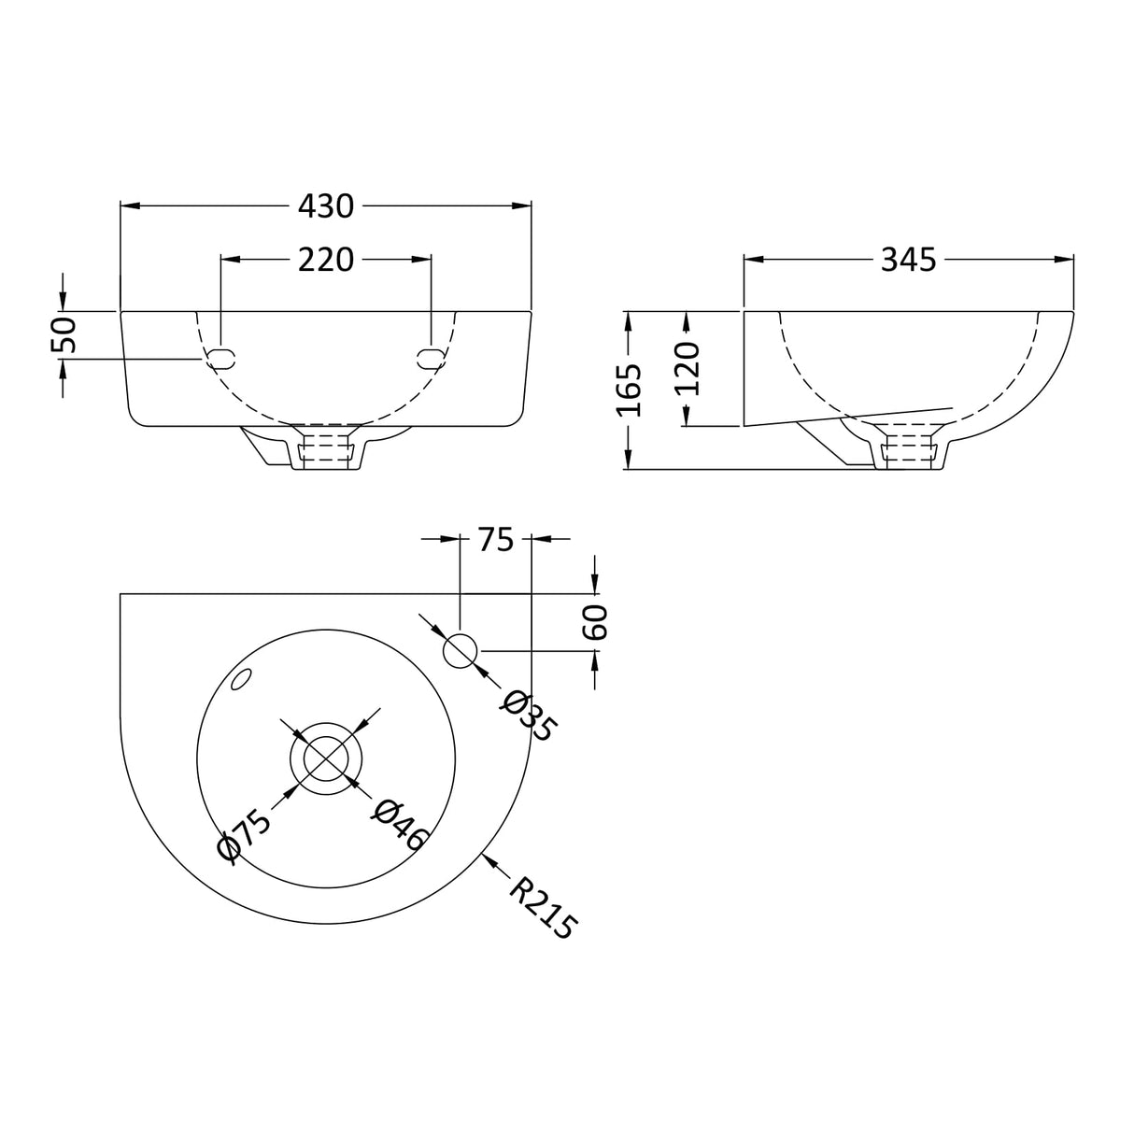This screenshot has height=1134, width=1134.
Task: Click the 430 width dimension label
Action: point(326,206)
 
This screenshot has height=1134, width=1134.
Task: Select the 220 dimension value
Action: point(326,260)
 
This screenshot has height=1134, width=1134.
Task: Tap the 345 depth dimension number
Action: point(908,260)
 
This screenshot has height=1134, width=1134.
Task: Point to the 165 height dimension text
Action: point(630,390)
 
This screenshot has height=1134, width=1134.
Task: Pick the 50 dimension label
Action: point(64,335)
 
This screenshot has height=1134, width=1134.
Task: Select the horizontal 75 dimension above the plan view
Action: point(496,539)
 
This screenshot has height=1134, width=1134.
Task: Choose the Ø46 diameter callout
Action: point(399,824)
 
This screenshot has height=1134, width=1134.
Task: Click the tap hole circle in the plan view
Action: point(460,650)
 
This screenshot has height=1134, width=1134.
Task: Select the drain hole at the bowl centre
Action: point(325,757)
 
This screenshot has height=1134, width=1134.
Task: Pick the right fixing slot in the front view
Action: point(430,358)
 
